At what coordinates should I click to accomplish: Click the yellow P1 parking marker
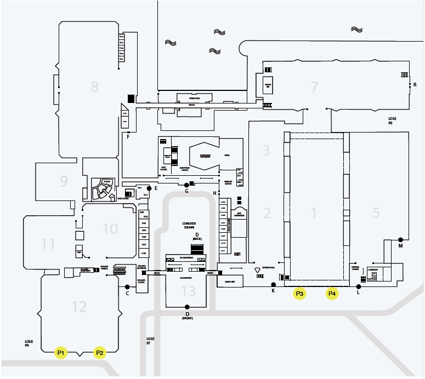(61, 353)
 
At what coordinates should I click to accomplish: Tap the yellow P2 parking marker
(100, 353)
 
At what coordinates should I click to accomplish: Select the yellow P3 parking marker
(299, 294)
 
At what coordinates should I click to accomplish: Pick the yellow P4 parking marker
(332, 294)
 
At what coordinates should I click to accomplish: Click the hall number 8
(95, 86)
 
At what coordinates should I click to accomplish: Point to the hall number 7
(314, 87)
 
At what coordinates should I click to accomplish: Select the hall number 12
(80, 306)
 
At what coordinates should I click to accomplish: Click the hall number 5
(376, 212)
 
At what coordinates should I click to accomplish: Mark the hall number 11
(49, 243)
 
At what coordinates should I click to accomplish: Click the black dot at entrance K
(274, 284)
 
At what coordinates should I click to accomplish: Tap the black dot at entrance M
(401, 239)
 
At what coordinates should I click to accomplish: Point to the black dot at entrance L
(359, 286)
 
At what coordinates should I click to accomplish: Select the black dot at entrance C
(127, 286)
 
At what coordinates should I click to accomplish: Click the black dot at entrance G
(187, 185)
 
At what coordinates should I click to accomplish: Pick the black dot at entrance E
(149, 188)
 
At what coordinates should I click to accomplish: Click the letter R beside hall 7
(415, 84)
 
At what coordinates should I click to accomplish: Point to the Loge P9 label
(392, 120)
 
